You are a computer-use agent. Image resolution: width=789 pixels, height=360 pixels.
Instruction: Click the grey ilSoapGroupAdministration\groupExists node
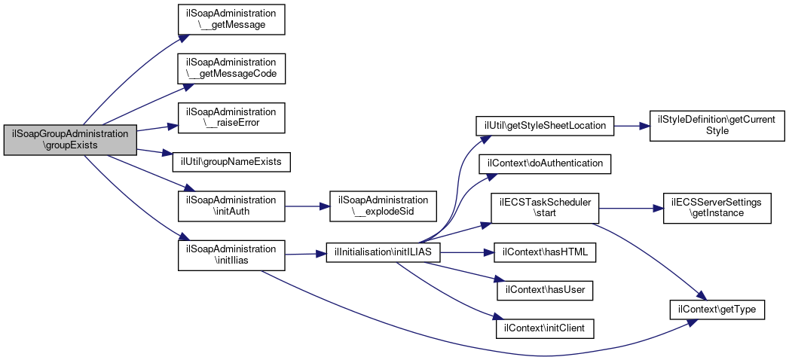click(x=70, y=140)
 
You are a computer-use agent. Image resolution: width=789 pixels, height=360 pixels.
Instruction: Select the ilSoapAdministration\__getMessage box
click(x=231, y=20)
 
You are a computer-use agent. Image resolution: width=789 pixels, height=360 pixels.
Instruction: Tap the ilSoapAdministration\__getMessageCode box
click(x=231, y=69)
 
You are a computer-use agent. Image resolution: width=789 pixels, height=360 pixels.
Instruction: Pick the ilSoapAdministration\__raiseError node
click(x=231, y=117)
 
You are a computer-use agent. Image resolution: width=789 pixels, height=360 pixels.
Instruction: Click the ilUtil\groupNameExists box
click(x=231, y=162)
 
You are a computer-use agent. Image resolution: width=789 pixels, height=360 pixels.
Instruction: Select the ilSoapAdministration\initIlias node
click(x=231, y=255)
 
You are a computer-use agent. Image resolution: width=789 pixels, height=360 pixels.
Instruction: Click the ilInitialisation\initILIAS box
click(x=384, y=252)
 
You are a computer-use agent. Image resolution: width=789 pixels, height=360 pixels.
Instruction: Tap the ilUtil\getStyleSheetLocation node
click(x=545, y=126)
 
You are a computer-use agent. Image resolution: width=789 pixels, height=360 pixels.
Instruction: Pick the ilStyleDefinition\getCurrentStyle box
click(x=717, y=126)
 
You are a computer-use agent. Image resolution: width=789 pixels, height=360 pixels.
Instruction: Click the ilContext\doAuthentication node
click(x=545, y=164)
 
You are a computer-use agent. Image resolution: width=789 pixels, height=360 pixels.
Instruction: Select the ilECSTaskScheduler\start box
click(x=545, y=208)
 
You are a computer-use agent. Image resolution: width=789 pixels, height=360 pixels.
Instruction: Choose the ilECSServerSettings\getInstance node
click(x=717, y=208)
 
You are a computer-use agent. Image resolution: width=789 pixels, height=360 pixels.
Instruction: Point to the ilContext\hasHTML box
click(x=545, y=252)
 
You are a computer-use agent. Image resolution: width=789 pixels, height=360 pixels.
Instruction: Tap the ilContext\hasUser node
click(x=545, y=290)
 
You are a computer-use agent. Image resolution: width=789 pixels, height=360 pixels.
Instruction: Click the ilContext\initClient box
click(x=545, y=328)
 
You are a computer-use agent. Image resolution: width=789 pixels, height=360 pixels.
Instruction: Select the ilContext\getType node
click(x=717, y=310)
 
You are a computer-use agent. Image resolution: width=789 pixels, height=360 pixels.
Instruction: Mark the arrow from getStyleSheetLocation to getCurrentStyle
click(x=632, y=126)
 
